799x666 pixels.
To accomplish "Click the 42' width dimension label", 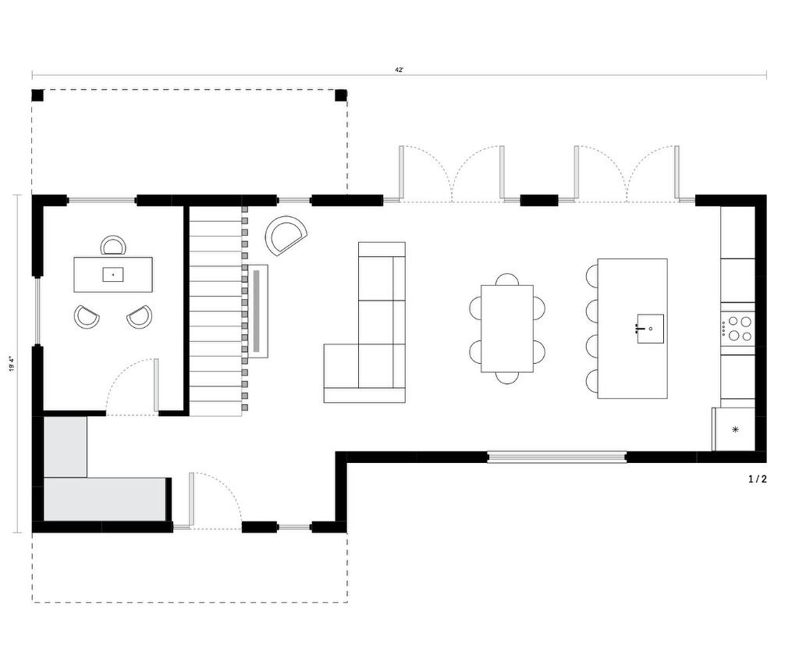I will [399, 70].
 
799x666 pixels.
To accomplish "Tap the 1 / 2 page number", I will [757, 479].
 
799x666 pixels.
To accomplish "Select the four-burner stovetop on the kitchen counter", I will [737, 328].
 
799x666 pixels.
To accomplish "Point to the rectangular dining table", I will [507, 328].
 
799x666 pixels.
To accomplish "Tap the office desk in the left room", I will [113, 274].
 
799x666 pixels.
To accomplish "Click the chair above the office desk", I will [114, 245].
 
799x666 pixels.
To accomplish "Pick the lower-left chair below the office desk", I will [87, 315].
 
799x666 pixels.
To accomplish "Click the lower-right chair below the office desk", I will [140, 315].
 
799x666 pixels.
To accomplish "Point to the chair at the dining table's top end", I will [507, 280].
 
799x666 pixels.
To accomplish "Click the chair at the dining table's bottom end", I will [507, 377].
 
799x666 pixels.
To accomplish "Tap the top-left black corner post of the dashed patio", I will [37, 95].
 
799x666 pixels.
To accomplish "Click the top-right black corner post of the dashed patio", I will [341, 95].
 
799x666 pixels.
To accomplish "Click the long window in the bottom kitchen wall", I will [556, 457].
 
